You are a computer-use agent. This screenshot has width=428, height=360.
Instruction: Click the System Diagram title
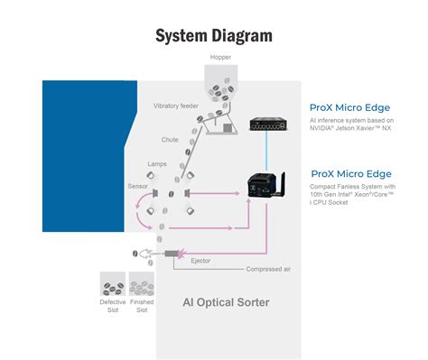click(x=214, y=36)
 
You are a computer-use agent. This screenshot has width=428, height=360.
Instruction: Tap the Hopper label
click(x=220, y=57)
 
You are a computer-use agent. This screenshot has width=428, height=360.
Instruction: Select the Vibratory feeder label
click(x=176, y=106)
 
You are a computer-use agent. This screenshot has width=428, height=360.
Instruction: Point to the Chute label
click(x=170, y=140)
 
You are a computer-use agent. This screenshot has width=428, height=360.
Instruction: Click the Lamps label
click(x=157, y=164)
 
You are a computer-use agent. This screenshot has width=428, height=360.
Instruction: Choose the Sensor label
click(x=137, y=186)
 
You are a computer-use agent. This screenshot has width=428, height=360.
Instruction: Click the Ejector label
click(x=200, y=261)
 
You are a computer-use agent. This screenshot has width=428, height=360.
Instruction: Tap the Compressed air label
click(x=268, y=269)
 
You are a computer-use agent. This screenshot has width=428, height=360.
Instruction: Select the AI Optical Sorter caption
click(x=226, y=302)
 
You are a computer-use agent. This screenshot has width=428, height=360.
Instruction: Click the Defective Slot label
click(x=113, y=306)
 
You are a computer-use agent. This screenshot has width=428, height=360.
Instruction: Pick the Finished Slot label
click(x=142, y=306)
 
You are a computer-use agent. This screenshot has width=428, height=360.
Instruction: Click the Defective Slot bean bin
click(x=113, y=284)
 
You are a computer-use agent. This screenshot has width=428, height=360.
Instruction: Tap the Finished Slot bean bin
click(x=142, y=284)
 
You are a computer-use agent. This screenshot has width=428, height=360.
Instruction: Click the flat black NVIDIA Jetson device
click(x=268, y=125)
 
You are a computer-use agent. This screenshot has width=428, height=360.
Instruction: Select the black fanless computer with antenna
click(x=266, y=185)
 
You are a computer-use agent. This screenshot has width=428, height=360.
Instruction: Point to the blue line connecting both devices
click(x=266, y=151)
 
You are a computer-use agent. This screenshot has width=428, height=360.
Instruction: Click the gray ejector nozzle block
click(x=172, y=254)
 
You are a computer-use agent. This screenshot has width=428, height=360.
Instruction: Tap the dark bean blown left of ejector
click(x=135, y=254)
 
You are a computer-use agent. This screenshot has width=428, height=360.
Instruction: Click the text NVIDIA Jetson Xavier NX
click(x=350, y=128)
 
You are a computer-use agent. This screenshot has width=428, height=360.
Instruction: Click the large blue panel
click(x=84, y=156)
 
